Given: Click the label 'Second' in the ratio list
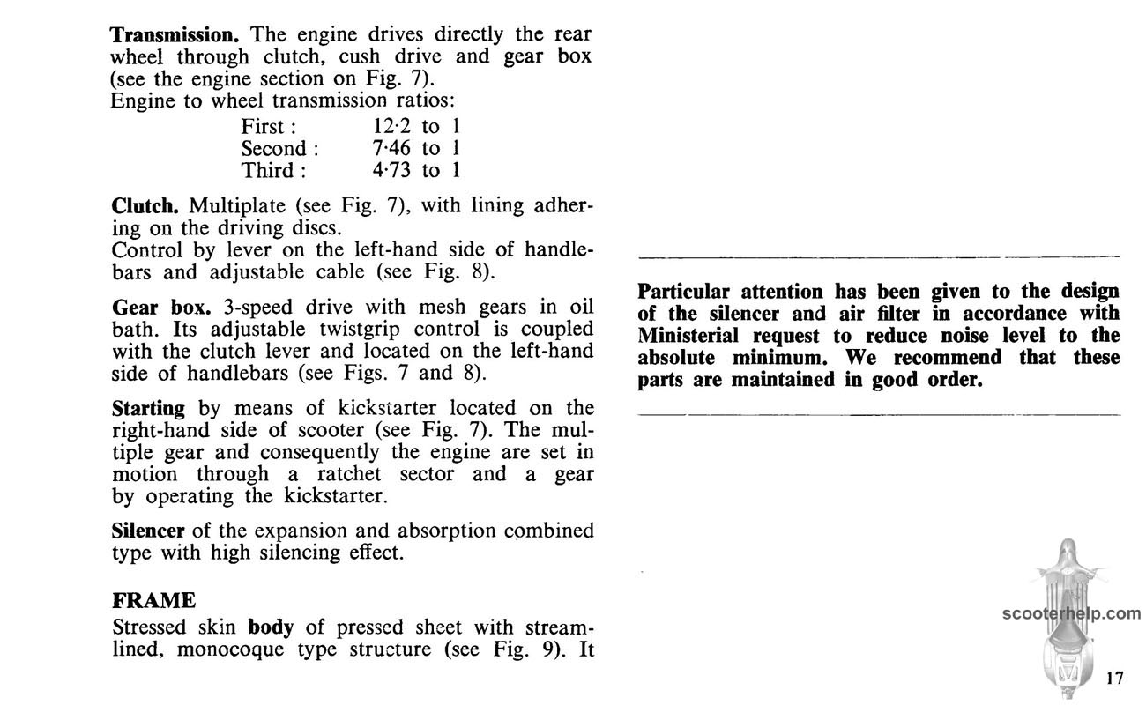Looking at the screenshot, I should tap(274, 147).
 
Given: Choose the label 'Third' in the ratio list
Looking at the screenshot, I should tap(268, 169).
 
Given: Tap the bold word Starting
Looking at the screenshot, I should tap(148, 410).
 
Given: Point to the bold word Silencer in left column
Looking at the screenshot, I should tap(147, 531).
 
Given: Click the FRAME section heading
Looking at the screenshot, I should tap(153, 601).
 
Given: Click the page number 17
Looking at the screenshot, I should tap(1114, 678).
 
